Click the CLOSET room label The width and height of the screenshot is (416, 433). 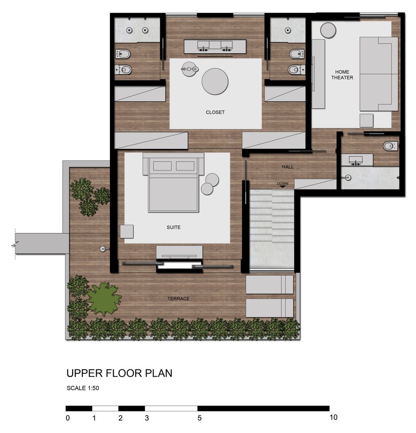pos(215,113)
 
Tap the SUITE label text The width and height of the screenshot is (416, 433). pos(173,228)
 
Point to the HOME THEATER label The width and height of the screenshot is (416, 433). pos(342,75)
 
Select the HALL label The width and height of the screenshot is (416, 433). pos(288,167)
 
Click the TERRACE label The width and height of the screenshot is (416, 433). pos(179,299)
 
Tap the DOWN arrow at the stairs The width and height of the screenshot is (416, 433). pos(282,186)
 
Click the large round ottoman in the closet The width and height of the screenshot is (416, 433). pos(215,81)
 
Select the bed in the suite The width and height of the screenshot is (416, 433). pos(173,183)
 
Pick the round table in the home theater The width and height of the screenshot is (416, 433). pos(328,30)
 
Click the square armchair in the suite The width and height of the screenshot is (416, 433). pos(127,231)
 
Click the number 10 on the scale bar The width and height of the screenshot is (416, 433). pos(333,417)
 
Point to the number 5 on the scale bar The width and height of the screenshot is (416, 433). pos(199,418)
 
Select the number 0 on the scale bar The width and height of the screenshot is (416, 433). pos(68,418)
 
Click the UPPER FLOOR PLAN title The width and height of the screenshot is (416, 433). pos(119,373)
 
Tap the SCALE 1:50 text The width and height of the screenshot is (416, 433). pos(83,388)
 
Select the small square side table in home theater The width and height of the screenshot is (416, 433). pos(366,121)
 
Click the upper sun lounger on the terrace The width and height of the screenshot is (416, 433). pos(269,284)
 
